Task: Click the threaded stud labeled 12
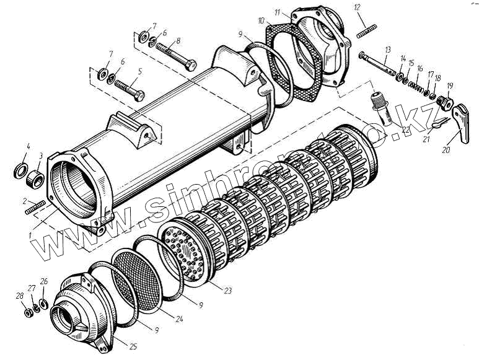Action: click(368, 30)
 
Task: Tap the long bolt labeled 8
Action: click(177, 55)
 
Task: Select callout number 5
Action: click(139, 72)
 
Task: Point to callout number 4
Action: click(27, 146)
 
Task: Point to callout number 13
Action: click(387, 50)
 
